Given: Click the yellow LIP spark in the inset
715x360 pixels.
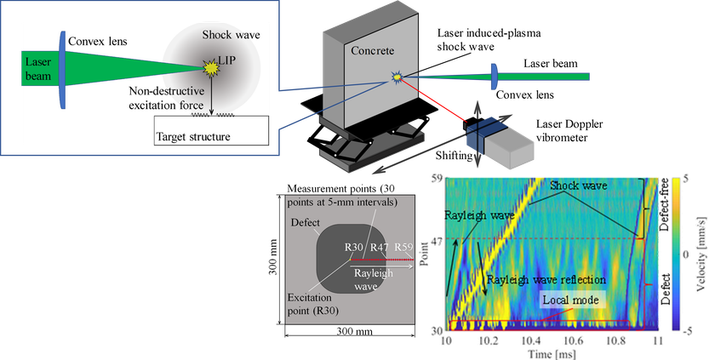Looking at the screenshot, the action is [x=211, y=68].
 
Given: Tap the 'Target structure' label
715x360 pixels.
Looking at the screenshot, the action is [x=193, y=136].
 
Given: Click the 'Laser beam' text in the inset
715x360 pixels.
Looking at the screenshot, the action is [x=37, y=68].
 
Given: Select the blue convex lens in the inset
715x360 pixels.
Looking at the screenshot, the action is [x=62, y=69].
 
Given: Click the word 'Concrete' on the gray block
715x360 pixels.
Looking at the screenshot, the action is [x=372, y=50].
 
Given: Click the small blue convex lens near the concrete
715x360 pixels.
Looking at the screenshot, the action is [x=494, y=77].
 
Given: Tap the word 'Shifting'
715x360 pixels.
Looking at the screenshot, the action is [x=454, y=156].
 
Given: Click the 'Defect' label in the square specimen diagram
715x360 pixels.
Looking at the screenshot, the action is [x=305, y=223].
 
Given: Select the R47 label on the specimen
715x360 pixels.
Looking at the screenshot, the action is [x=379, y=248].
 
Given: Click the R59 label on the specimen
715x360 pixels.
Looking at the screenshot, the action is [x=403, y=247].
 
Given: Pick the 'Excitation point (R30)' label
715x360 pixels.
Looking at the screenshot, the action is [x=310, y=304].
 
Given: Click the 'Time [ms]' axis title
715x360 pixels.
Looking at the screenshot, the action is [x=552, y=354].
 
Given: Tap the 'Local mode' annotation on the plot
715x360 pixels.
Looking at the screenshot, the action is [x=570, y=300].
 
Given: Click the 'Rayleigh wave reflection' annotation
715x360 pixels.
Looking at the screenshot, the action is [x=546, y=279].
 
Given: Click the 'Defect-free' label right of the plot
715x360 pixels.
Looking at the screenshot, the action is [x=664, y=204].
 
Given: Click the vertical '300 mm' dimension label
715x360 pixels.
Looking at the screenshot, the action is [x=273, y=258].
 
